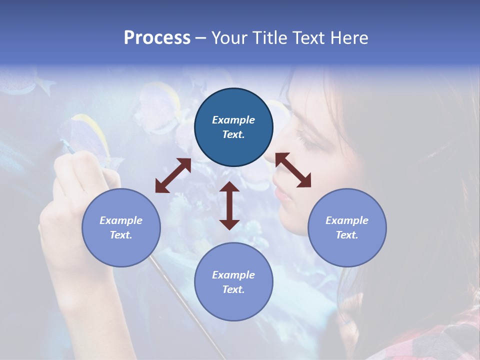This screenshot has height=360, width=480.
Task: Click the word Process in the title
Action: click(x=157, y=38)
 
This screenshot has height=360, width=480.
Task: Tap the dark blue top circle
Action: click(x=233, y=127)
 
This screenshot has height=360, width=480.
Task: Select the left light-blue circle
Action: click(x=121, y=228)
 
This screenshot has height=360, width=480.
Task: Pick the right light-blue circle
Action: click(x=347, y=228)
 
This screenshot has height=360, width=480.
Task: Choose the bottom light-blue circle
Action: click(x=233, y=282)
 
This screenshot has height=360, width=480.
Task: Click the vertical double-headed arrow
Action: click(x=229, y=205)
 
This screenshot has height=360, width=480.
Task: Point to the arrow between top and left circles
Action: click(x=173, y=175)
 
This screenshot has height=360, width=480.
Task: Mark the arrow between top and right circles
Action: click(x=293, y=170)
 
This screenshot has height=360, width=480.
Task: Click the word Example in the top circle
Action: click(x=233, y=120)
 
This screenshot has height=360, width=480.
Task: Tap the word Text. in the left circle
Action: click(x=121, y=235)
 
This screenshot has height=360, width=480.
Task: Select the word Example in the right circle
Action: click(x=347, y=220)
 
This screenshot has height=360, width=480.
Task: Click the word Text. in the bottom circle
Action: click(x=233, y=290)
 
